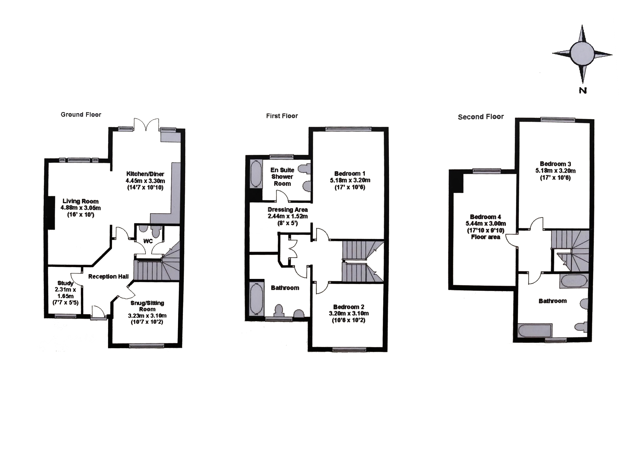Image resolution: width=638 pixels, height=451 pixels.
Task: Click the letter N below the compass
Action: [583, 90]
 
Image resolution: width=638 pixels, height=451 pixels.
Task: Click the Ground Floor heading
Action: [81, 115]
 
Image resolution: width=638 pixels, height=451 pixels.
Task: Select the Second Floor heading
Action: [481, 117]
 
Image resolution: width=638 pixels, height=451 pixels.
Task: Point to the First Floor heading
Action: [282, 116]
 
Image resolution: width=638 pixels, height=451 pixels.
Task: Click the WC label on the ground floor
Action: [148, 241]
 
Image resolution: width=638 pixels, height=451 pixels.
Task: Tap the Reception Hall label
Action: [108, 276]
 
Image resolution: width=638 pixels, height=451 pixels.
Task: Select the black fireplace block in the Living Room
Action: [51, 213]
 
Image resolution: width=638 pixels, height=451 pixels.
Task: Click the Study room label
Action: [65, 283]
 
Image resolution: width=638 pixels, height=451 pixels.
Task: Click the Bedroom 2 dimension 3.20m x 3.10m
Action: [349, 314]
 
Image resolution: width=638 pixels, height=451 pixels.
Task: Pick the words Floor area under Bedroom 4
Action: [485, 237]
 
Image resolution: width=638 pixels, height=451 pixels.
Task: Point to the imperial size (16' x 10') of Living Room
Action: [81, 215]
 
